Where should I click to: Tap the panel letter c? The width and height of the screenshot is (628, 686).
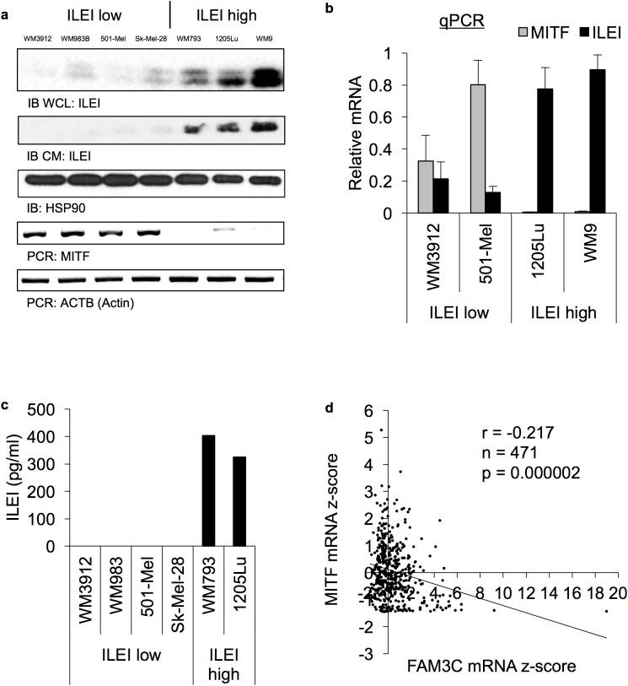click(x=8, y=402)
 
